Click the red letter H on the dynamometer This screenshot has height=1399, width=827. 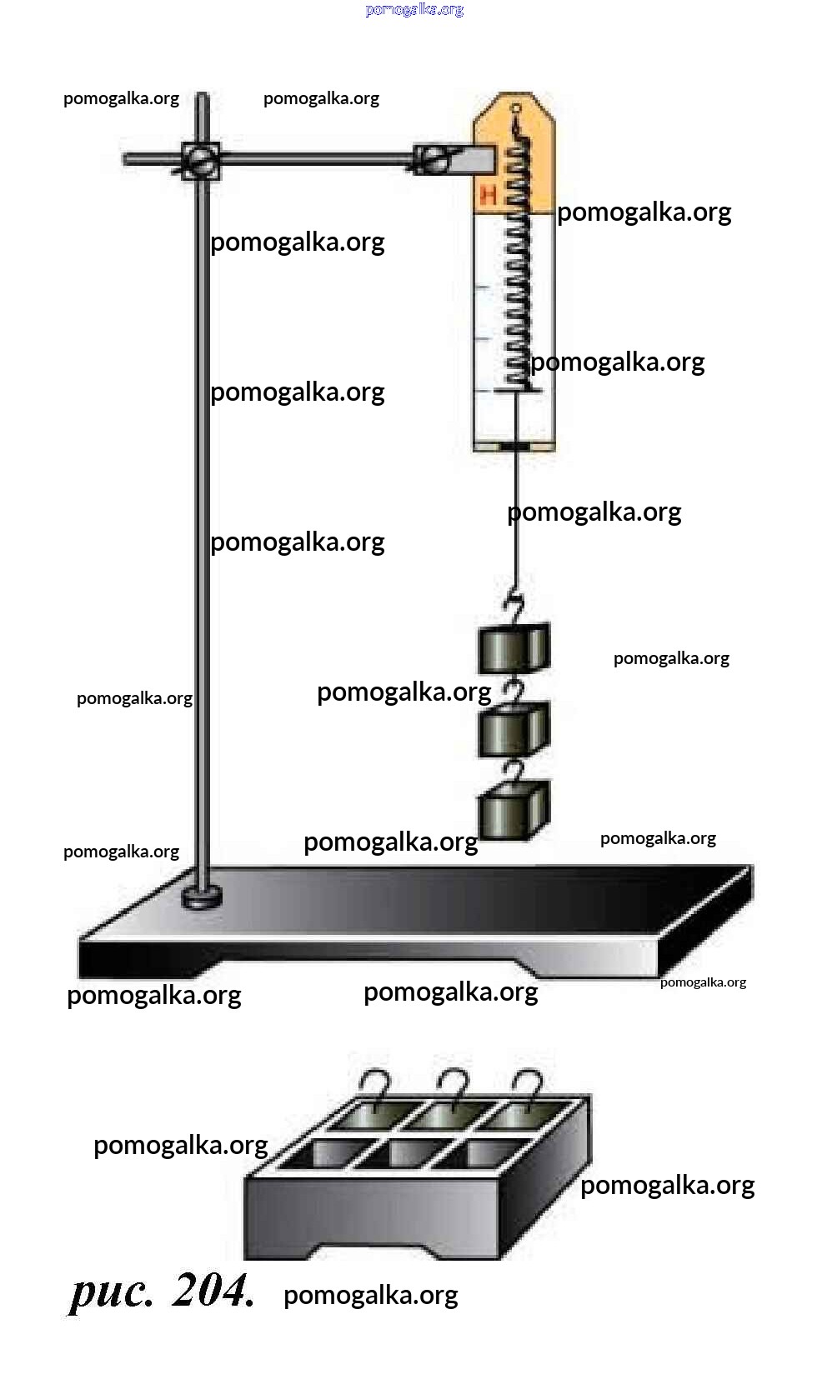coord(489,196)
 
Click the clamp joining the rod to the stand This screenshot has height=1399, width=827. coord(201,159)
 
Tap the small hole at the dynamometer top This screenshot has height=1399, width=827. coord(516,107)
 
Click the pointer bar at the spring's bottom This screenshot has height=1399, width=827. coord(516,390)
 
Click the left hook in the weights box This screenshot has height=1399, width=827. coord(377,1087)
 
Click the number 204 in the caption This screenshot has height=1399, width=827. coord(213,1291)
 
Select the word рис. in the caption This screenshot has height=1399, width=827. coord(112,1292)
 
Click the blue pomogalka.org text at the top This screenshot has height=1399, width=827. coord(414,10)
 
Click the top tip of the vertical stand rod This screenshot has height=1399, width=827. coord(202,96)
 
